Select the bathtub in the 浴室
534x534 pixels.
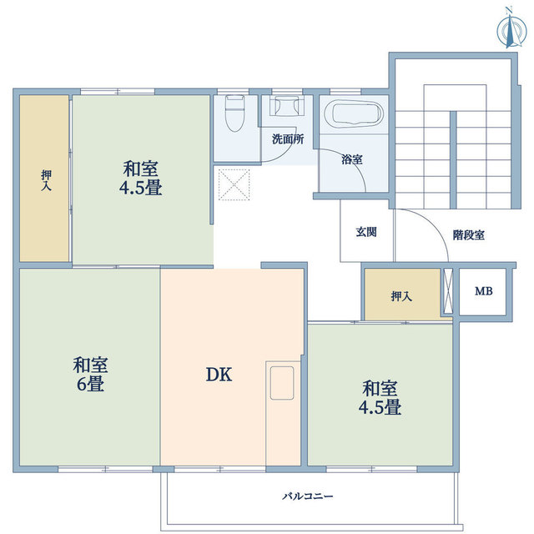pos(352,114)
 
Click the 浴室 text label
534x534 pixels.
pos(351,159)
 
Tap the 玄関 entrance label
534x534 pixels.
pos(365,232)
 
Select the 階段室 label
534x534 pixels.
pos(469,235)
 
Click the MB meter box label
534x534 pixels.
pos(483,292)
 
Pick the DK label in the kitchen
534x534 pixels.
pos(219,375)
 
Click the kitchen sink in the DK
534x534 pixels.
pos(281,380)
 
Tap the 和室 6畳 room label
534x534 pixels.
pos(89,375)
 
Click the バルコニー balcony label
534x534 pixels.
pos(307,496)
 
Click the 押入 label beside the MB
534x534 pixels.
pos(401,296)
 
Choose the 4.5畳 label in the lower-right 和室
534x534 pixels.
pos(380,408)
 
